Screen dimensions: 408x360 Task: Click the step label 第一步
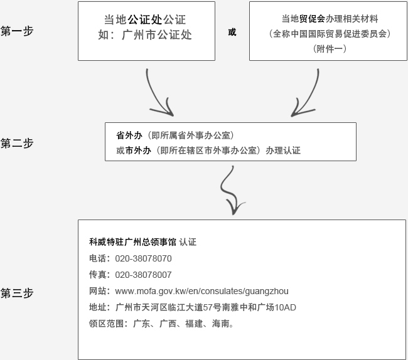pos(17,31)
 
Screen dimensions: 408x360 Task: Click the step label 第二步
pos(17,143)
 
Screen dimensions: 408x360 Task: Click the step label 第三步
pos(17,293)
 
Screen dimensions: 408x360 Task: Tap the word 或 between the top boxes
pos(232,32)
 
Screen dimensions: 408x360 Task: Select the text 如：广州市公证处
pos(145,35)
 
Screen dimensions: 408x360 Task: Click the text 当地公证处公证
pos(145,19)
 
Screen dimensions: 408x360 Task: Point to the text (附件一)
pos(330,49)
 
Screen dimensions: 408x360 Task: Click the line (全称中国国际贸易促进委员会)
pos(330,33)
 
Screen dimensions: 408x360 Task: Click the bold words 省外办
pos(129,135)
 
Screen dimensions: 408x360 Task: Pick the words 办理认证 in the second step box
pos(283,151)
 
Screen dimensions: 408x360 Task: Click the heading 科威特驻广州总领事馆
pos(132,242)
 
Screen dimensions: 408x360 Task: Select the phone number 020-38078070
pos(143,258)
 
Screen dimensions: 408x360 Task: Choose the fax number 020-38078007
pos(143,275)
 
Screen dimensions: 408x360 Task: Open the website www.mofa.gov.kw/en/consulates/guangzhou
pos(201,291)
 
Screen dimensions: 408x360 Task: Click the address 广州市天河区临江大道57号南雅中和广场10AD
pos(206,307)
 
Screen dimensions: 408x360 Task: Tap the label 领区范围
pos(106,324)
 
